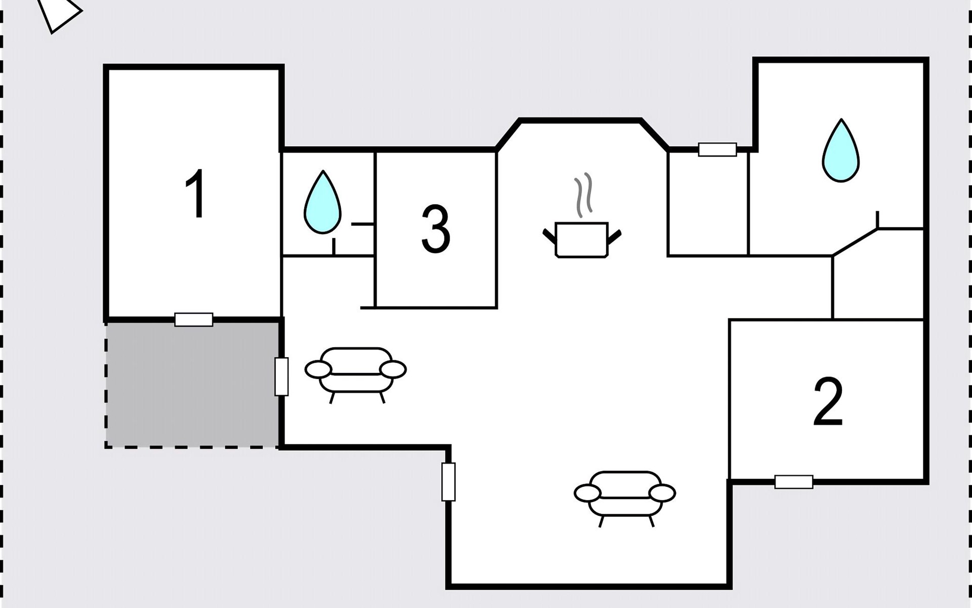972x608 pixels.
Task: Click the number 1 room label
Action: point(195,194)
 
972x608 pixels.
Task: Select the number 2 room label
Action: point(828,402)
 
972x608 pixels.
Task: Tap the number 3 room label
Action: point(435,229)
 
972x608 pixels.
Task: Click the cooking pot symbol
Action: point(581,240)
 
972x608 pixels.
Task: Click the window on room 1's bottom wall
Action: point(194,320)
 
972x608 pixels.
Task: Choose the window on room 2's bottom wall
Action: point(793,482)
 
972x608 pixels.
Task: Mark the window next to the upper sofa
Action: point(281,376)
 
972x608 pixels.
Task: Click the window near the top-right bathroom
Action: point(717,149)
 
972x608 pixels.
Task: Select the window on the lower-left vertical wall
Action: point(448,482)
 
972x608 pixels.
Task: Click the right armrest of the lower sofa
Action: point(662,493)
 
